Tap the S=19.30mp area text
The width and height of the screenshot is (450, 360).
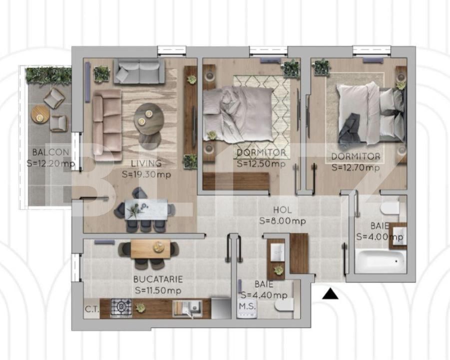[146, 174]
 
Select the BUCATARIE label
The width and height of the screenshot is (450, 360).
[158, 279]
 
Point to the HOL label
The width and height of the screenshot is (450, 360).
[282, 210]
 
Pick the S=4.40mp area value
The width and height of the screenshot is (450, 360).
[264, 295]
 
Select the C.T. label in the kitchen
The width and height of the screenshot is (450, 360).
[91, 309]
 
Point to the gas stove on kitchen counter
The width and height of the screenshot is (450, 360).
[121, 307]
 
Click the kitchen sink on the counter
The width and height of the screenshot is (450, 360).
[187, 308]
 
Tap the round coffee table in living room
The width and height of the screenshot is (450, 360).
[148, 118]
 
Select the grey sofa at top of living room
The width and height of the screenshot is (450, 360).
[139, 71]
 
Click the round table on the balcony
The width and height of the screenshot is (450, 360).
[40, 115]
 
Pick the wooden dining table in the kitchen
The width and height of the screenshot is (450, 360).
[150, 248]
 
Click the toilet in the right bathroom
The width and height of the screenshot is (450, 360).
[389, 208]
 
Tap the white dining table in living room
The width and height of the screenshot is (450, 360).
[146, 209]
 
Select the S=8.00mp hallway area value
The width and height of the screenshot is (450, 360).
[282, 220]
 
